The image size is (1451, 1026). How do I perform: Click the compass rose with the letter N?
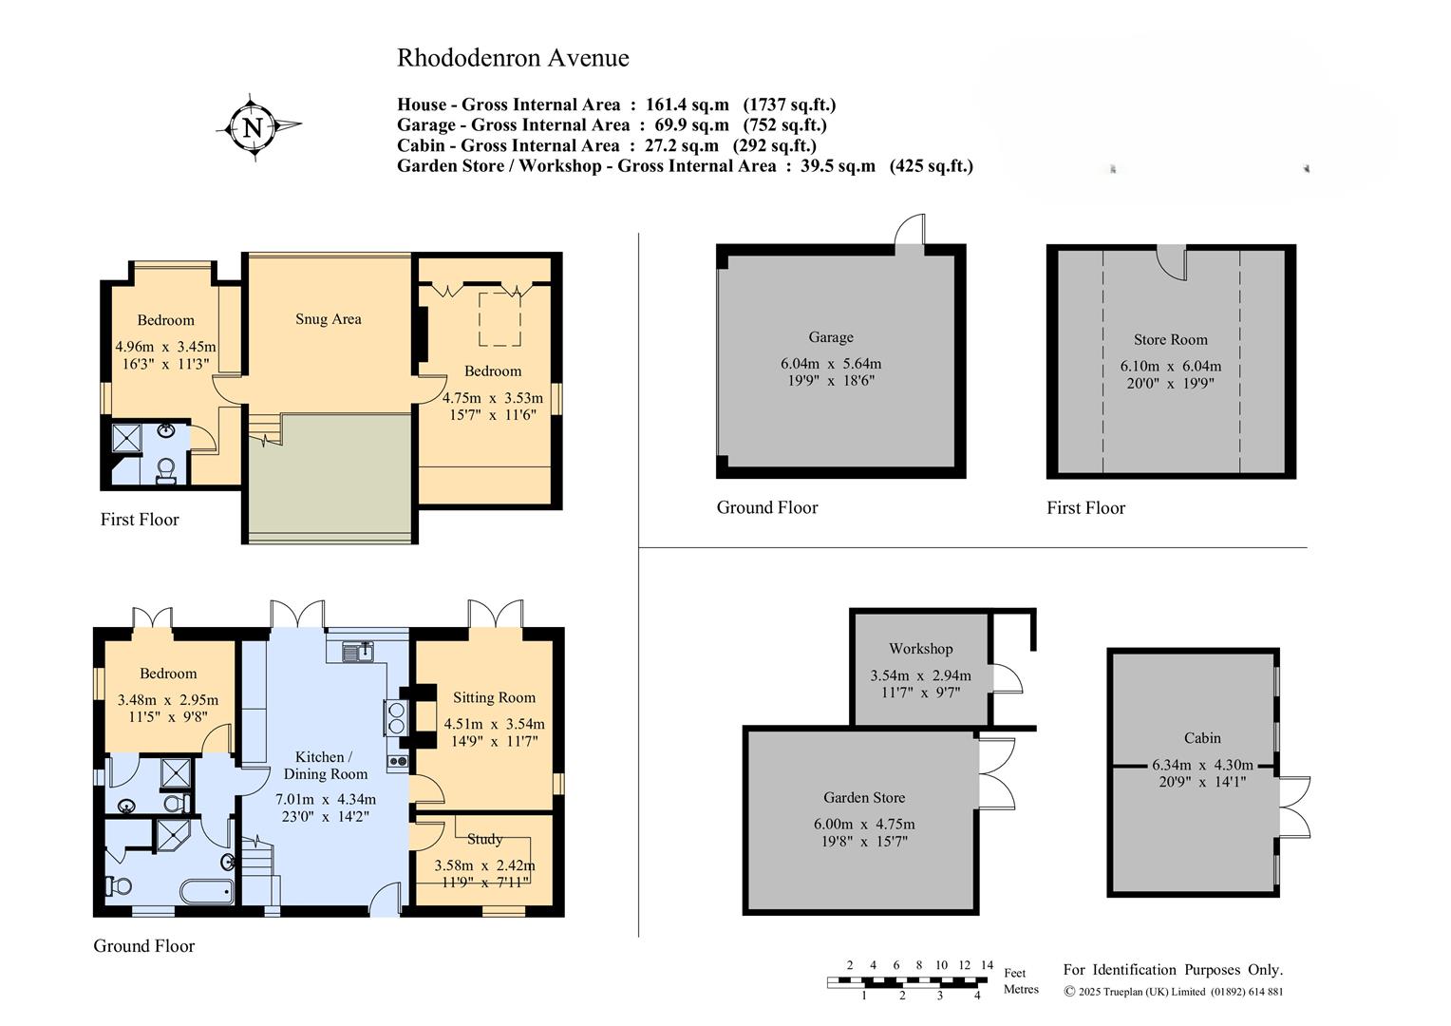tap(254, 126)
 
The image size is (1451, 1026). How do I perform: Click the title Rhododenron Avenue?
tap(513, 58)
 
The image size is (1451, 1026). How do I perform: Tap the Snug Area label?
tap(328, 319)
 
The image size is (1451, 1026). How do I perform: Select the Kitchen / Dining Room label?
tap(324, 765)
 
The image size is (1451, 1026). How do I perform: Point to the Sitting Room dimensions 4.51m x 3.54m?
tap(494, 724)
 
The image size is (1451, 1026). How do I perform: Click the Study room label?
tap(484, 839)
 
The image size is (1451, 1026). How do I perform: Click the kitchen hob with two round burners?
tap(396, 717)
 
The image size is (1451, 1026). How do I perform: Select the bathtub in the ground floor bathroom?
tap(206, 892)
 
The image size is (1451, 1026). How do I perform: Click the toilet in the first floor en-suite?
tap(166, 469)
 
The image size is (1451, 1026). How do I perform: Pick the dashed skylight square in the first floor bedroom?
tap(499, 319)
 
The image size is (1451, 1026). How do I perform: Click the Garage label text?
tap(831, 337)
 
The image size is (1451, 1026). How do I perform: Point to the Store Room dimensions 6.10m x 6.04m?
tap(1170, 367)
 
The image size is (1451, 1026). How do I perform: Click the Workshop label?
tap(920, 649)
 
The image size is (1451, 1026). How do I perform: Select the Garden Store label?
tap(864, 798)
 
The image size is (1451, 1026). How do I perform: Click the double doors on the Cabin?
tap(1294, 807)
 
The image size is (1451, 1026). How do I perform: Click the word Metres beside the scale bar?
tap(1022, 989)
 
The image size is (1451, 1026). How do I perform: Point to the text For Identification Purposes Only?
tap(1173, 970)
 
